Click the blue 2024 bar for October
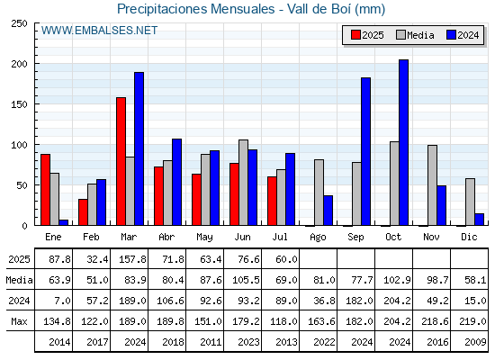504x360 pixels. pyautogui.click(x=403, y=142)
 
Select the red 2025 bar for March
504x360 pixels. pyautogui.click(x=121, y=161)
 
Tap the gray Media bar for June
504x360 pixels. pyautogui.click(x=243, y=183)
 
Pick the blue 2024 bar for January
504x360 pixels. pyautogui.click(x=64, y=222)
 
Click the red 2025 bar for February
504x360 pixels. pyautogui.click(x=83, y=212)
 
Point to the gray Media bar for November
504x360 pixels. pyautogui.click(x=432, y=185)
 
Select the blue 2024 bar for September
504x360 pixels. pyautogui.click(x=365, y=151)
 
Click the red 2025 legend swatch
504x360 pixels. pyautogui.click(x=355, y=35)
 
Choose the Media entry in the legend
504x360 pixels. pyautogui.click(x=415, y=35)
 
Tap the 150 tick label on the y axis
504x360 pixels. pyautogui.click(x=19, y=104)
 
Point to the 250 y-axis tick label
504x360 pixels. pyautogui.click(x=19, y=23)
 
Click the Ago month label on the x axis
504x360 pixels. pyautogui.click(x=318, y=238)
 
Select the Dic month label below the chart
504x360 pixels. pyautogui.click(x=469, y=237)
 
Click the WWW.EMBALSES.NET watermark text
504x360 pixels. pyautogui.click(x=99, y=31)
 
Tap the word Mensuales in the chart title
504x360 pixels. pyautogui.click(x=243, y=9)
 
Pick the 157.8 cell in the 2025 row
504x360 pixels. pyautogui.click(x=132, y=259)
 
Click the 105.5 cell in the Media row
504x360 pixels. pyautogui.click(x=246, y=280)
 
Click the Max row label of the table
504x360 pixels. pyautogui.click(x=19, y=321)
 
